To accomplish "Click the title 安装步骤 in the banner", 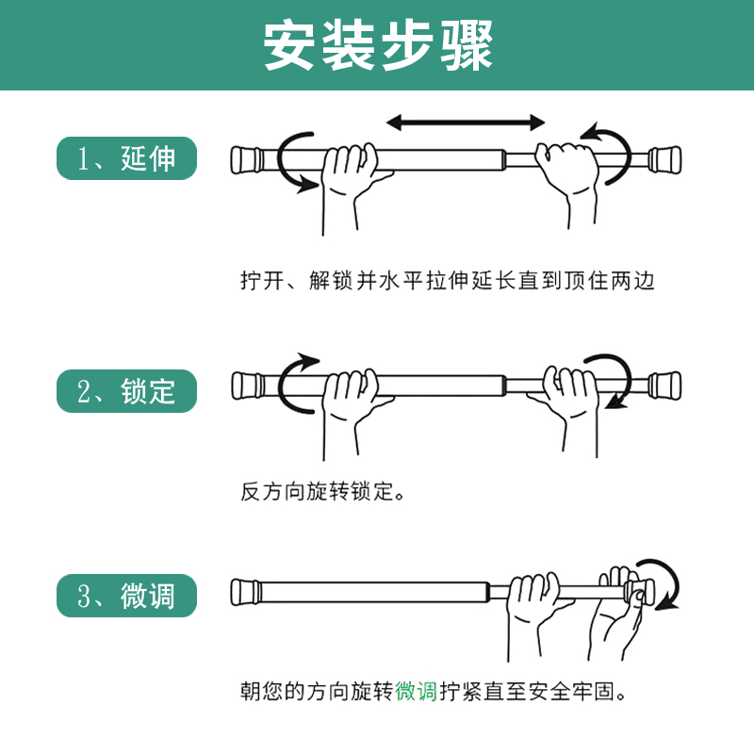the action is [378, 45].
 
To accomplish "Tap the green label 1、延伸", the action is [127, 158].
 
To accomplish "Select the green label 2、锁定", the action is [127, 391].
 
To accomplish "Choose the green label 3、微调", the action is [127, 596].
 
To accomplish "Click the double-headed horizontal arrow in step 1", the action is [466, 123].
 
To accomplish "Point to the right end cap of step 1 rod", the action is [664, 159].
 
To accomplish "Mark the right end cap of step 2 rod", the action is [664, 385].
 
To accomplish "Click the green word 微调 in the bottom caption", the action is [416, 692].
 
